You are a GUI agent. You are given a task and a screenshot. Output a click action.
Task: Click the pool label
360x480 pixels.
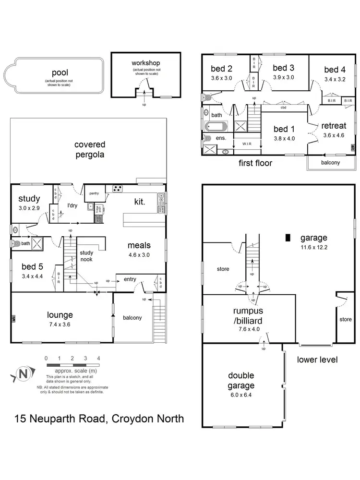click(63, 73)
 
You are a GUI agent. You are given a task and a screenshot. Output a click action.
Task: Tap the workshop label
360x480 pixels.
click(145, 63)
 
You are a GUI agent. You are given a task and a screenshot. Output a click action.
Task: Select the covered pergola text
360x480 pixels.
click(90, 149)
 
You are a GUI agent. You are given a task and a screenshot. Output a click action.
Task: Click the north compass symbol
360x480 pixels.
click(22, 373)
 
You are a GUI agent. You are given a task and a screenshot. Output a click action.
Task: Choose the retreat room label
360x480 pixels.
click(334, 126)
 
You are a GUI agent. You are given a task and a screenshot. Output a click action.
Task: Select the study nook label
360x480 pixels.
click(86, 256)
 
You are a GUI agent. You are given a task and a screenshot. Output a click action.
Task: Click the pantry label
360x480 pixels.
click(94, 193)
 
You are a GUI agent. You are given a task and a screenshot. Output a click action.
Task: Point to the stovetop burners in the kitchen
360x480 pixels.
click(117, 188)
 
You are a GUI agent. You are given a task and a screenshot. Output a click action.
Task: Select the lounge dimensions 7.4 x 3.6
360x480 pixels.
click(60, 324)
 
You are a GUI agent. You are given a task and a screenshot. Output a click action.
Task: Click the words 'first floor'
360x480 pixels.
click(255, 163)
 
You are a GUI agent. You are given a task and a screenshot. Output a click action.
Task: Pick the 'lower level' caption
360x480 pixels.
click(318, 360)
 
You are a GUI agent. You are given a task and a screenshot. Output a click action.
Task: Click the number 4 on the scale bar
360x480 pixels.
click(98, 358)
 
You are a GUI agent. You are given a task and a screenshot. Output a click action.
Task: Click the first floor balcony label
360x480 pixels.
click(330, 162)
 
